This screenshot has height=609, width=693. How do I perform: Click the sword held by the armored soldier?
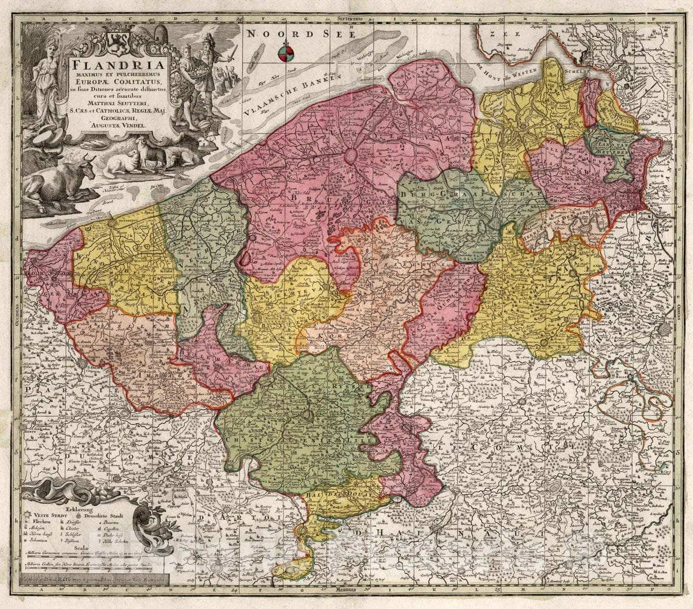pos(232,54)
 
